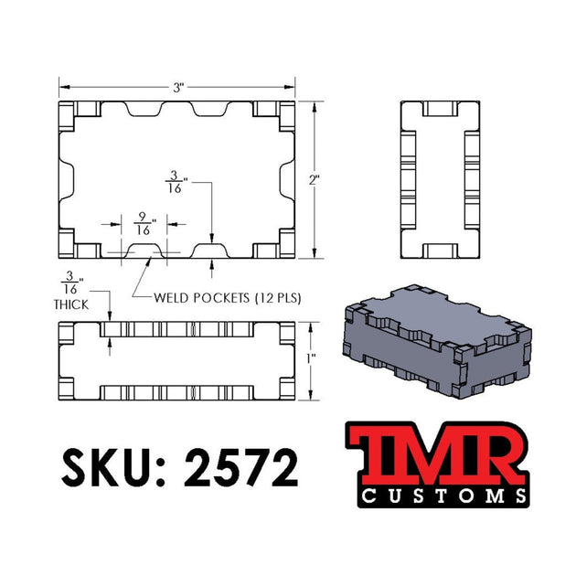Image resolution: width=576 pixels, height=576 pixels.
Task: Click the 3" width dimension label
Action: click(x=180, y=87)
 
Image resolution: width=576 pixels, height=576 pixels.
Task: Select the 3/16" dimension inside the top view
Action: click(x=173, y=182)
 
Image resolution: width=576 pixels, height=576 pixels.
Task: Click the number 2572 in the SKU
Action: click(x=242, y=468)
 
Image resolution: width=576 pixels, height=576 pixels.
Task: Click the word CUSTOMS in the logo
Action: click(x=440, y=496)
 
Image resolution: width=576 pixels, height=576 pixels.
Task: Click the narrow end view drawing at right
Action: click(x=441, y=179)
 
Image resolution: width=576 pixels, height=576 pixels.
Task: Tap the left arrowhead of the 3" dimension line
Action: click(x=63, y=87)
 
